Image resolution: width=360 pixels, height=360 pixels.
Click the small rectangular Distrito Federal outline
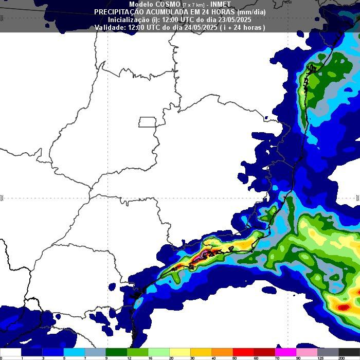coord(148,122)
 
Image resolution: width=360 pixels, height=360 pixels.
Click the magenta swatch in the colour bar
coord(285,352)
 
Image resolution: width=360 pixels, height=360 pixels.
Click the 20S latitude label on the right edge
coord(357,198)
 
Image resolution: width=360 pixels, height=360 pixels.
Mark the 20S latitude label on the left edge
coord(3,198)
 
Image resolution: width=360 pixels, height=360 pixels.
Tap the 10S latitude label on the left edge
coord(3,18)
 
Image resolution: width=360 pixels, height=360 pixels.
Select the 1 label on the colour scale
coord(22,357)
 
